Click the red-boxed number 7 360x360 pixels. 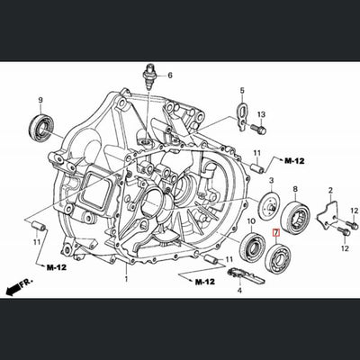tap(276, 232)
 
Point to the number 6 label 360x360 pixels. tap(168, 74)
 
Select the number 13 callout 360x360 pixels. tap(261, 115)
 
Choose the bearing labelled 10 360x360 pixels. tap(253, 244)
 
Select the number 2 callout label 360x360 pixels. tap(330, 190)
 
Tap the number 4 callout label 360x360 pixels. tap(239, 291)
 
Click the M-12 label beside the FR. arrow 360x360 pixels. tap(56, 267)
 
